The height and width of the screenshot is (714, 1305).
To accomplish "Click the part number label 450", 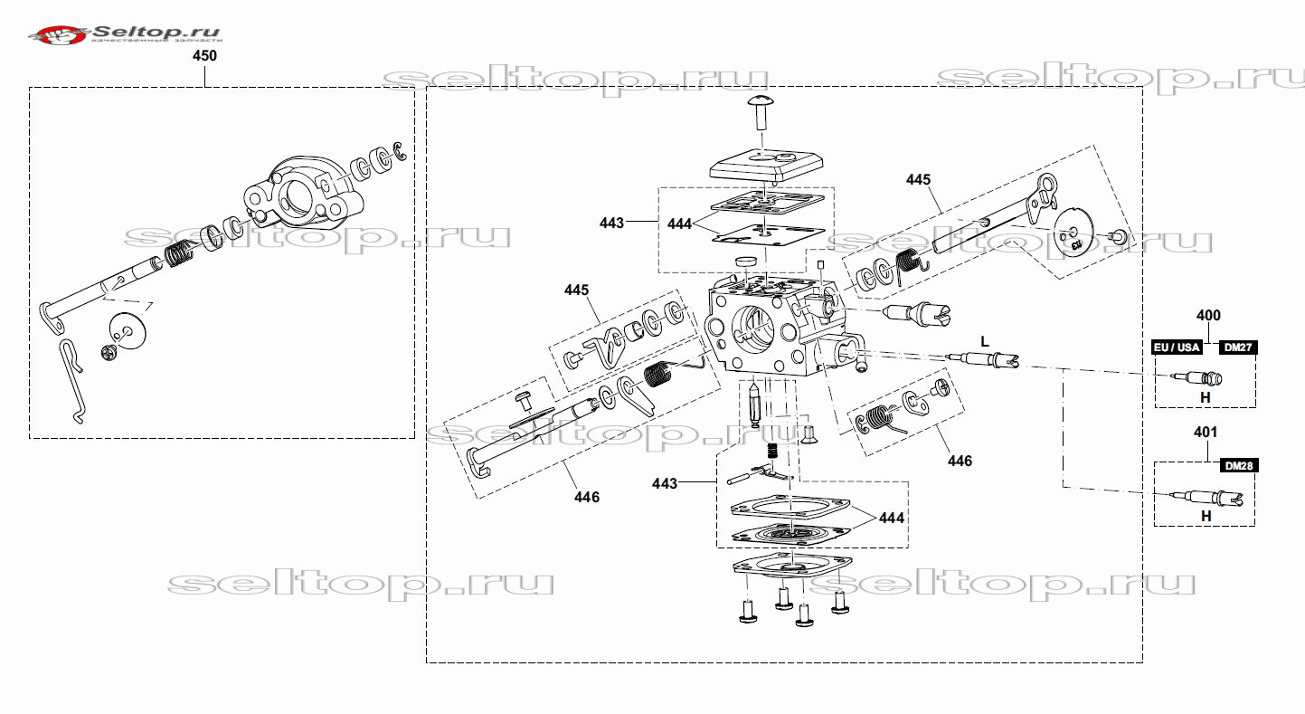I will pyautogui.click(x=205, y=55).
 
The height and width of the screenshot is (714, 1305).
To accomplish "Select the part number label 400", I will pyautogui.click(x=1208, y=316).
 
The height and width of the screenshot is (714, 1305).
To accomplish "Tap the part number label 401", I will pyautogui.click(x=1206, y=433).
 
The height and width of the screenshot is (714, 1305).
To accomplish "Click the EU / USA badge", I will pyautogui.click(x=1176, y=347).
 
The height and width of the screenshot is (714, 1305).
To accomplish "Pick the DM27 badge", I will pyautogui.click(x=1237, y=347).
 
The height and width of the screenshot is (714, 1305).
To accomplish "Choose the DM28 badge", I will pyautogui.click(x=1237, y=466).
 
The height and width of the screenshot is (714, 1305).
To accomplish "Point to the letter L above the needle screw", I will pyautogui.click(x=985, y=340).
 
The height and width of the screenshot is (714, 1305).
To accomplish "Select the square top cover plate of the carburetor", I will pyautogui.click(x=764, y=166).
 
